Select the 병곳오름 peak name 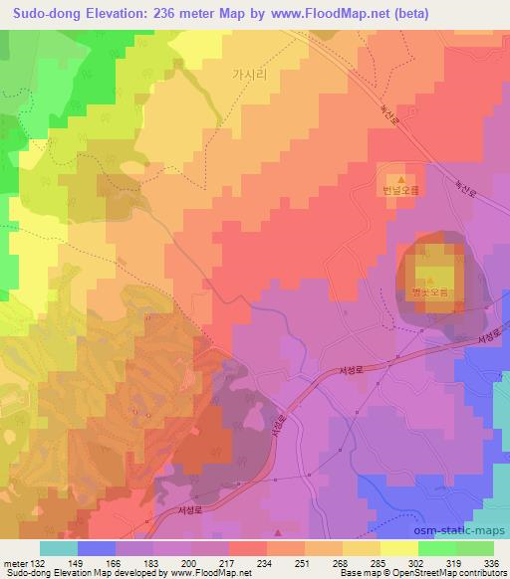[431, 292]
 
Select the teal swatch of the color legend [58, 547]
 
